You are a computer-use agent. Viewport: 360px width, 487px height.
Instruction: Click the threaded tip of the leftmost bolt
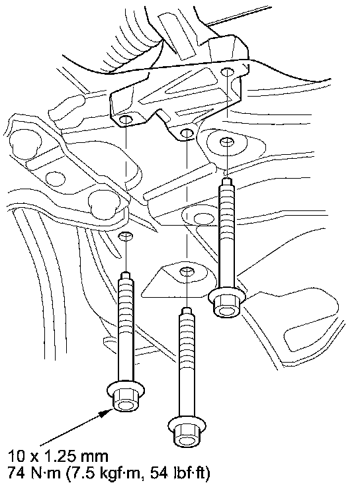coord(126,276)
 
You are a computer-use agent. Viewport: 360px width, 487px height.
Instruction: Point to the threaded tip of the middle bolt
coord(187,311)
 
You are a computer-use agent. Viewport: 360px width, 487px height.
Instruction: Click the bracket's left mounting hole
coord(126,120)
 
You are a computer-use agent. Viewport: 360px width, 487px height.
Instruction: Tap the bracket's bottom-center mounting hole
coord(186,133)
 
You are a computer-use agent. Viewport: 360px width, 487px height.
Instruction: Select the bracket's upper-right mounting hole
coord(227,71)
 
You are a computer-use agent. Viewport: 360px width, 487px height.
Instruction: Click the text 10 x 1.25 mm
coord(58,457)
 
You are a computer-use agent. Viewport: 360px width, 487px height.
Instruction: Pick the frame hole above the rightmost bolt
coord(227,142)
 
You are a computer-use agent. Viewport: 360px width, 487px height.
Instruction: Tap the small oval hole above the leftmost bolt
coord(126,236)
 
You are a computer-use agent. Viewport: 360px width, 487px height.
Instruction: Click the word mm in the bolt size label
coord(95,457)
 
